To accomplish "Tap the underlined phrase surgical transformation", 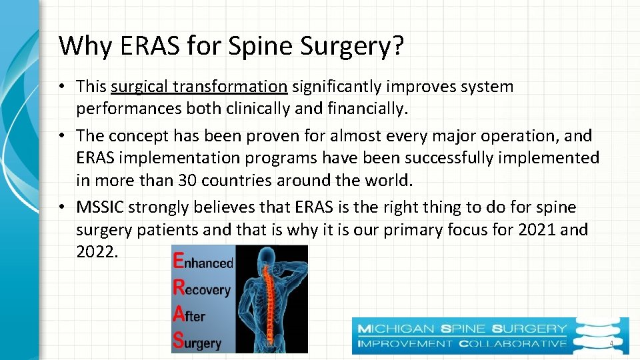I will click(x=199, y=87).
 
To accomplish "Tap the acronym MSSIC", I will click(x=100, y=207).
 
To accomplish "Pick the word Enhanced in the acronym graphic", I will click(x=203, y=262).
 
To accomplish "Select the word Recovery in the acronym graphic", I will click(x=202, y=289).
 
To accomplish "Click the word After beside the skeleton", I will click(x=189, y=316).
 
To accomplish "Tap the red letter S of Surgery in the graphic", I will click(x=178, y=340).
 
